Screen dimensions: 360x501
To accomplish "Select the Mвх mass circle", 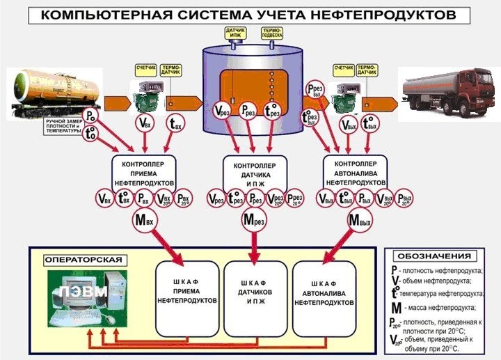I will [144, 222].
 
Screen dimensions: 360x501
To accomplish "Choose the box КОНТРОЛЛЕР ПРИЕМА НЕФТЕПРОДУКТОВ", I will [143, 170].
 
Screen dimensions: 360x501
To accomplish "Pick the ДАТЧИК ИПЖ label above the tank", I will [235, 33].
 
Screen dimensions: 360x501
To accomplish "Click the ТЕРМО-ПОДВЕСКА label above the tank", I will [271, 33].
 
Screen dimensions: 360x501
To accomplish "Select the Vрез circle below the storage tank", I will [222, 109].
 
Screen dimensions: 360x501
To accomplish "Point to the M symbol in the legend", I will [395, 307].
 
